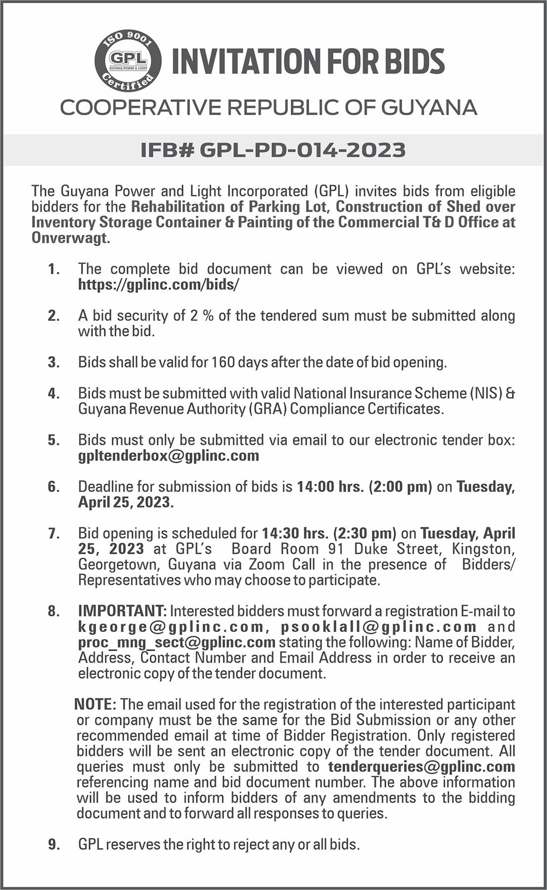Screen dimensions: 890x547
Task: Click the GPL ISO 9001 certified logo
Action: click(x=128, y=61)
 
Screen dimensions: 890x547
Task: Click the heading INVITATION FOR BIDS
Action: click(x=308, y=61)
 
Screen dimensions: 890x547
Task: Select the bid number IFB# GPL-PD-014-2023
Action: click(x=273, y=150)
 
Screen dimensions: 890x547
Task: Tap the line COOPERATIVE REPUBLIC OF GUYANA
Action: click(x=269, y=107)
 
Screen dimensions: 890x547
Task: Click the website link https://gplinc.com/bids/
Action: click(x=159, y=285)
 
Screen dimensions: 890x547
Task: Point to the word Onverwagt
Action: click(x=70, y=238)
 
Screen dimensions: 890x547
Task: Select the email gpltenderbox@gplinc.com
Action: click(x=169, y=455)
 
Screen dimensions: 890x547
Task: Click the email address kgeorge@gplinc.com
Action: click(x=171, y=627)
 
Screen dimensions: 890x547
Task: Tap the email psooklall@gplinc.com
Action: click(x=379, y=627)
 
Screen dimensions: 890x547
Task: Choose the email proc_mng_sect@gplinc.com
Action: click(x=177, y=642)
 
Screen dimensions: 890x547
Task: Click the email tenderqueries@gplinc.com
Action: click(x=421, y=766)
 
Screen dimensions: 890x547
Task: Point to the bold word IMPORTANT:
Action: click(x=122, y=611)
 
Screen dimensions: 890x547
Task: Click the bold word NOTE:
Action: click(x=95, y=704)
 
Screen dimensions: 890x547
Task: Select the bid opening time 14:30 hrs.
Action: click(x=295, y=533)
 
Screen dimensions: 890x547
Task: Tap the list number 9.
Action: click(x=53, y=845)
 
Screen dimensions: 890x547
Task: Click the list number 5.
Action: click(x=53, y=440)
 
